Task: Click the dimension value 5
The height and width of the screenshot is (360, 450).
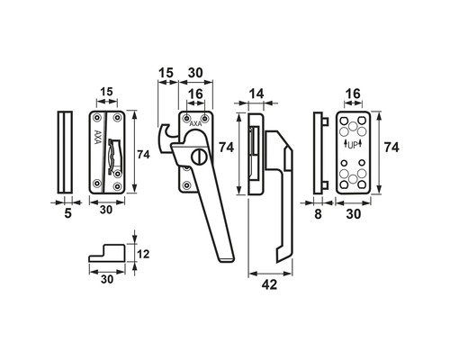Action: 68,213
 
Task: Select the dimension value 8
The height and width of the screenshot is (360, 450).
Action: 318,214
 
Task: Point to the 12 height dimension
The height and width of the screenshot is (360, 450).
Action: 143,254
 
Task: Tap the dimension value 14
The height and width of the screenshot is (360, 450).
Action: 256,94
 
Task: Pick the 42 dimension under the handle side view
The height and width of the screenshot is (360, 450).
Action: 269,284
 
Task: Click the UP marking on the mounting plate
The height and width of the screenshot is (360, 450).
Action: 353,145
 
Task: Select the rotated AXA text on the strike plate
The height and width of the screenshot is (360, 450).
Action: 98,137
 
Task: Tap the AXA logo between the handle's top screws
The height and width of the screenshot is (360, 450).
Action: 196,123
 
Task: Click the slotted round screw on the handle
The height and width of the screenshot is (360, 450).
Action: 197,157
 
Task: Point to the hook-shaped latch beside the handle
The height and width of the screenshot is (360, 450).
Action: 165,138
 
